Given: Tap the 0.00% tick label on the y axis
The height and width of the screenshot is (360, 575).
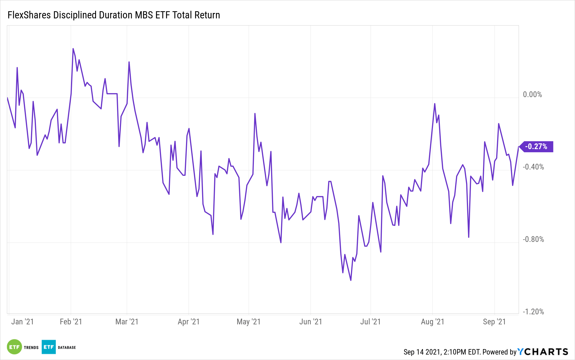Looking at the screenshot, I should tap(532, 95).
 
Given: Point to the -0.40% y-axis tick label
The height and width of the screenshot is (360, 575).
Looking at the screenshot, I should tap(533, 167).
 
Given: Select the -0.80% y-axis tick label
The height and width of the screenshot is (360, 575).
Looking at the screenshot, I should tap(533, 239).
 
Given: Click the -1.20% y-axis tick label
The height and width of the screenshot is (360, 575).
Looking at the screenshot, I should tap(533, 312).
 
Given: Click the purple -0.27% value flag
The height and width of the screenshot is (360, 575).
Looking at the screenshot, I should tap(536, 147).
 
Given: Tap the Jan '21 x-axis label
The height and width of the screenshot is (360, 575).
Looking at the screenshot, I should tap(22, 322).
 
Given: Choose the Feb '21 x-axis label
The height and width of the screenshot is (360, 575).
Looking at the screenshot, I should tap(71, 322).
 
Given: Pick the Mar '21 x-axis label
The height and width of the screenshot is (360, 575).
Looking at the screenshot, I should tap(127, 322).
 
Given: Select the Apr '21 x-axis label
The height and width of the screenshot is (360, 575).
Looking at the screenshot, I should tap(189, 322).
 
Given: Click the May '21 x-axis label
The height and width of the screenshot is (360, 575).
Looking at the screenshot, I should tap(248, 322).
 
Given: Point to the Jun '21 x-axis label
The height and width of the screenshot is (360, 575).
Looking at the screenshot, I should tap(310, 322).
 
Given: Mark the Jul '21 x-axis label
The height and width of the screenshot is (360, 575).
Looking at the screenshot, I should tap(370, 322).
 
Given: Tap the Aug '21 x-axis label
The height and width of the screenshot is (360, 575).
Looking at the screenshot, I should tap(432, 322).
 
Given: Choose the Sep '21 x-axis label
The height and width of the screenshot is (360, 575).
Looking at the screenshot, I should tap(494, 322).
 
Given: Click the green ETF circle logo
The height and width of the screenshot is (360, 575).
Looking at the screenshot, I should tap(14, 347).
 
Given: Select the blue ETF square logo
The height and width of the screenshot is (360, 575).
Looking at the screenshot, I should tap(49, 347).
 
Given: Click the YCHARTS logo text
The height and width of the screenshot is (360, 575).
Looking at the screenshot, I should tap(543, 352).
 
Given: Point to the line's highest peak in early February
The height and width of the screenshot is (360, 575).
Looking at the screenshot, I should tap(73, 49).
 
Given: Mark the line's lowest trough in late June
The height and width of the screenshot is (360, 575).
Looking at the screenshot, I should tap(351, 280).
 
